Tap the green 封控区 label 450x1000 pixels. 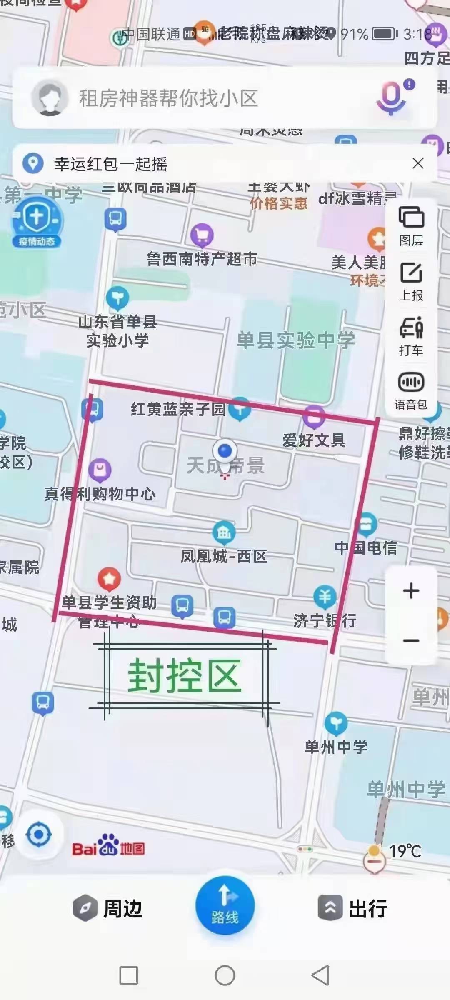click(184, 676)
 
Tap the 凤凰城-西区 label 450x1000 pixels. click(224, 556)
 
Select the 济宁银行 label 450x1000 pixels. click(325, 620)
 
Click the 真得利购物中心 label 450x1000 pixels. click(100, 494)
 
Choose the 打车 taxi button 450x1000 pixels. click(411, 336)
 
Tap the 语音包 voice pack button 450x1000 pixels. click(411, 391)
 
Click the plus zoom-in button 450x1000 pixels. click(411, 590)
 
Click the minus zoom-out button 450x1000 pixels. click(411, 640)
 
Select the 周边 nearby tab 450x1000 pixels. click(108, 909)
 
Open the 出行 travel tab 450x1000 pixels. click(353, 909)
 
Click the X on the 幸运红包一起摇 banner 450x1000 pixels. click(418, 163)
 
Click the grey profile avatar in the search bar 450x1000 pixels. click(50, 97)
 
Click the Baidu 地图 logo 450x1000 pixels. click(108, 846)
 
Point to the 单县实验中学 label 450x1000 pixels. click(296, 340)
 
